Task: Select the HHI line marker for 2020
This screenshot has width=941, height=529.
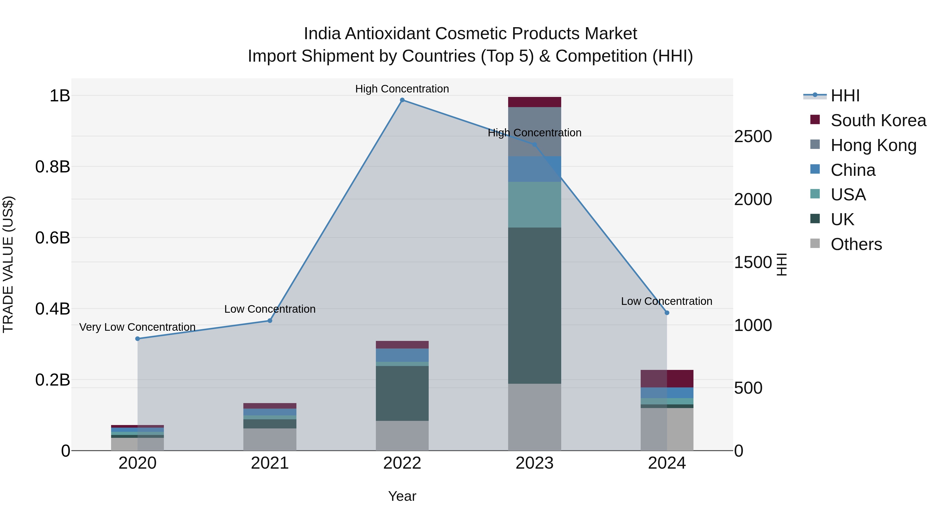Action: click(137, 339)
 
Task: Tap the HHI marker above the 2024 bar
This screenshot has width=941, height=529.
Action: click(667, 313)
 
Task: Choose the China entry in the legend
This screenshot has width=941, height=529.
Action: click(853, 170)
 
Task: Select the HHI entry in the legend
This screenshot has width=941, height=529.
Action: click(845, 96)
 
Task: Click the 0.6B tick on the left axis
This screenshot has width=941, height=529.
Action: click(53, 238)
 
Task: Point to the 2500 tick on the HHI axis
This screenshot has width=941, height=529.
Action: click(753, 137)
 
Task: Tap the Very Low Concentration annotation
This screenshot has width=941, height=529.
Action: click(137, 327)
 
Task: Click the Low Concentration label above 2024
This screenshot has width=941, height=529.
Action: click(666, 301)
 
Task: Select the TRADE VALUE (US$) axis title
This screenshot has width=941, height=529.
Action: click(8, 264)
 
